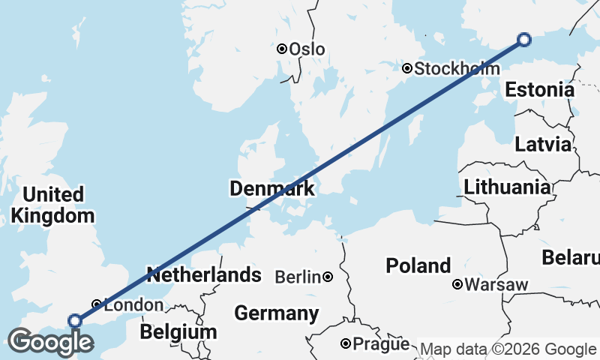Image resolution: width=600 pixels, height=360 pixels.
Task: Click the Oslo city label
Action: pyautogui.click(x=307, y=49)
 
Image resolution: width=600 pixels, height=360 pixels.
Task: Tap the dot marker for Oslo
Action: pyautogui.click(x=282, y=49)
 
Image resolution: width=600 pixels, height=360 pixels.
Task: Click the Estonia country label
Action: pyautogui.click(x=539, y=90)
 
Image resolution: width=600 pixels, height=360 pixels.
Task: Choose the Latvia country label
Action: pyautogui.click(x=543, y=145)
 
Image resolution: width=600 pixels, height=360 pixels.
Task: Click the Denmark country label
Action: pyautogui.click(x=272, y=189)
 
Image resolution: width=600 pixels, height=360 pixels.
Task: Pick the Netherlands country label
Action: pyautogui.click(x=204, y=274)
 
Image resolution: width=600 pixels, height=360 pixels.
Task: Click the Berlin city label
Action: pyautogui.click(x=298, y=277)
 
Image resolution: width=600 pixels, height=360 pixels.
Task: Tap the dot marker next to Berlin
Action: pyautogui.click(x=328, y=277)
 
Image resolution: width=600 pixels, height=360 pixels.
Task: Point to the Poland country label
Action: pyautogui.click(x=418, y=265)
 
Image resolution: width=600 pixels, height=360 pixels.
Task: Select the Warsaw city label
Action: pyautogui.click(x=496, y=285)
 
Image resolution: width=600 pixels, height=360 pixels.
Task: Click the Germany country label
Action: pyautogui.click(x=276, y=313)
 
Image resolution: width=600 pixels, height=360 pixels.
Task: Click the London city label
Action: pyautogui.click(x=133, y=304)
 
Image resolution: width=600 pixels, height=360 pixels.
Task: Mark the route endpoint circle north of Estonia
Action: pyautogui.click(x=524, y=40)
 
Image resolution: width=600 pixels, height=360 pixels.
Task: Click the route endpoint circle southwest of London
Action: pyautogui.click(x=75, y=321)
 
